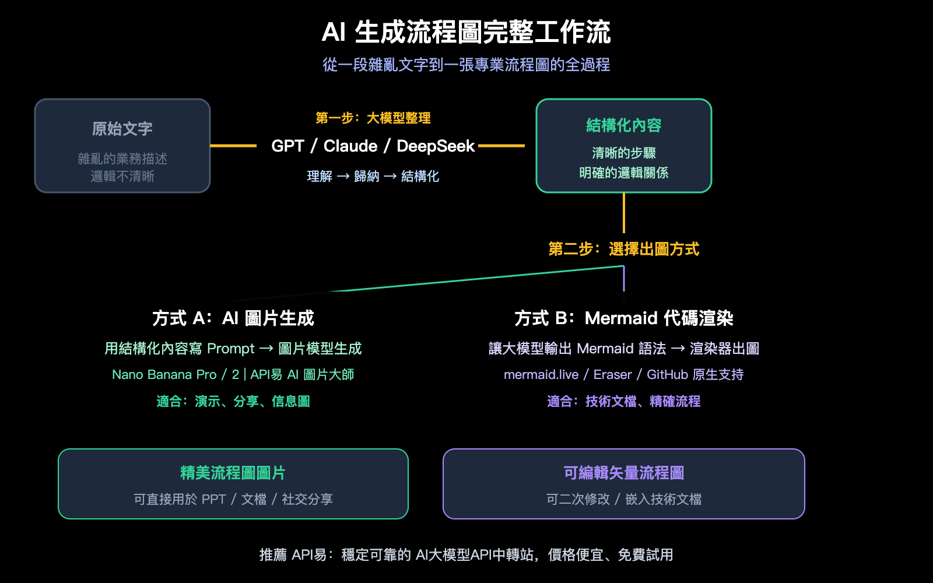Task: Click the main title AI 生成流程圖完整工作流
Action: coord(466,32)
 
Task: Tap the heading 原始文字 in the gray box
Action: coord(122,129)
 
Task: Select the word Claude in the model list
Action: coord(350,146)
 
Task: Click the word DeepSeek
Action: coord(436,146)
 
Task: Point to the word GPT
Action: coord(287,146)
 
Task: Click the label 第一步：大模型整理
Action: coord(373,118)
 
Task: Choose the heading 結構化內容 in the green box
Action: coord(623,125)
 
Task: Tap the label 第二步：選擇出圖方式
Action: coord(623,250)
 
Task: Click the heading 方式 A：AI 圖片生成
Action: coord(233,318)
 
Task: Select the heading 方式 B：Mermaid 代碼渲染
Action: coord(623,318)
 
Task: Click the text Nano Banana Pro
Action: coord(164,375)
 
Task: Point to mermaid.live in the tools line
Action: coord(541,375)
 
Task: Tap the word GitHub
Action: coord(667,375)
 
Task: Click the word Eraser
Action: coord(612,375)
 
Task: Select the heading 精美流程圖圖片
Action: coord(233,473)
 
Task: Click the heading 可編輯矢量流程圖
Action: coord(623,473)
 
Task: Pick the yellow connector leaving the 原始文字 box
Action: coord(233,146)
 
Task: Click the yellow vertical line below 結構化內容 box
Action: coord(624,213)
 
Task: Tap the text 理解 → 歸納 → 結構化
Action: coord(373,176)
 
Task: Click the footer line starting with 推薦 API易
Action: coord(466,555)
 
